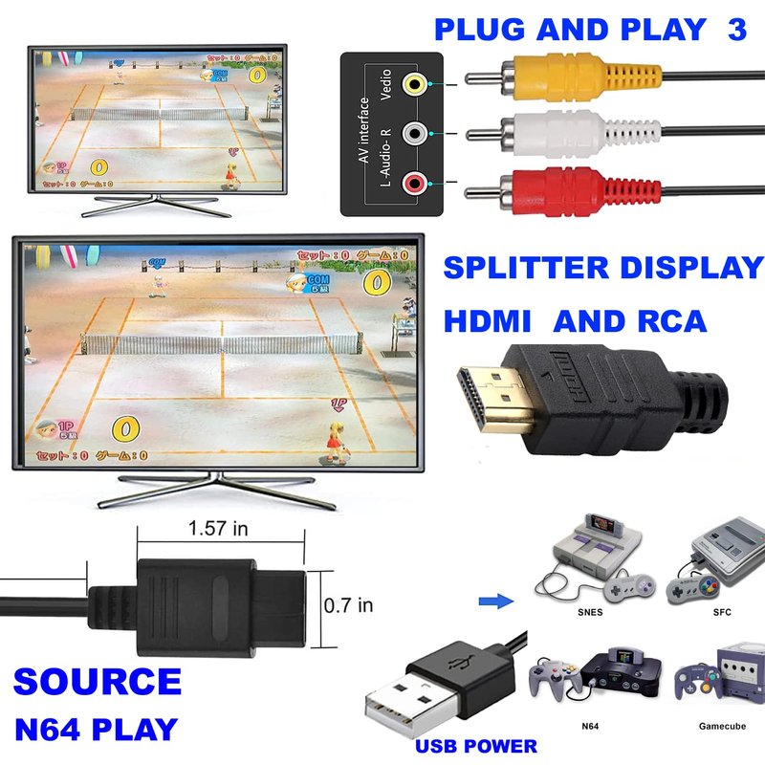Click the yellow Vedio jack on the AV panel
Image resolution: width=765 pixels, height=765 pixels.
[x=413, y=84]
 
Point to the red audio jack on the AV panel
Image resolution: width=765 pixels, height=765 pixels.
[x=413, y=182]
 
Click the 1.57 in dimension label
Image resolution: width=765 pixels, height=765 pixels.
[x=219, y=527]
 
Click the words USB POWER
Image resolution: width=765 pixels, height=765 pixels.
[x=475, y=745]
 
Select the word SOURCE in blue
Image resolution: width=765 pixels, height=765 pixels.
[x=98, y=682]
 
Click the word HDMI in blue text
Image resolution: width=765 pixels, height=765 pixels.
[x=490, y=320]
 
